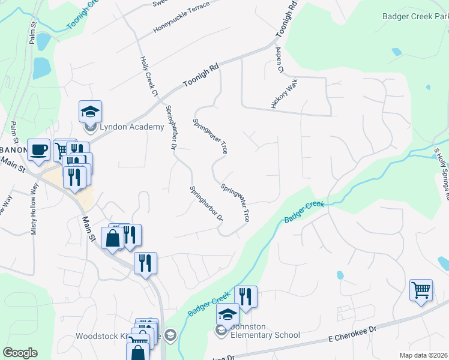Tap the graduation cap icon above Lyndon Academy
90,111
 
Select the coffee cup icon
39,149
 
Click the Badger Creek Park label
415,16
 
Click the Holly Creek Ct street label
148,77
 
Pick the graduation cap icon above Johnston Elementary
228,314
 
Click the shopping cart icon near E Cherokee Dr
421,291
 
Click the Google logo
20,353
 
